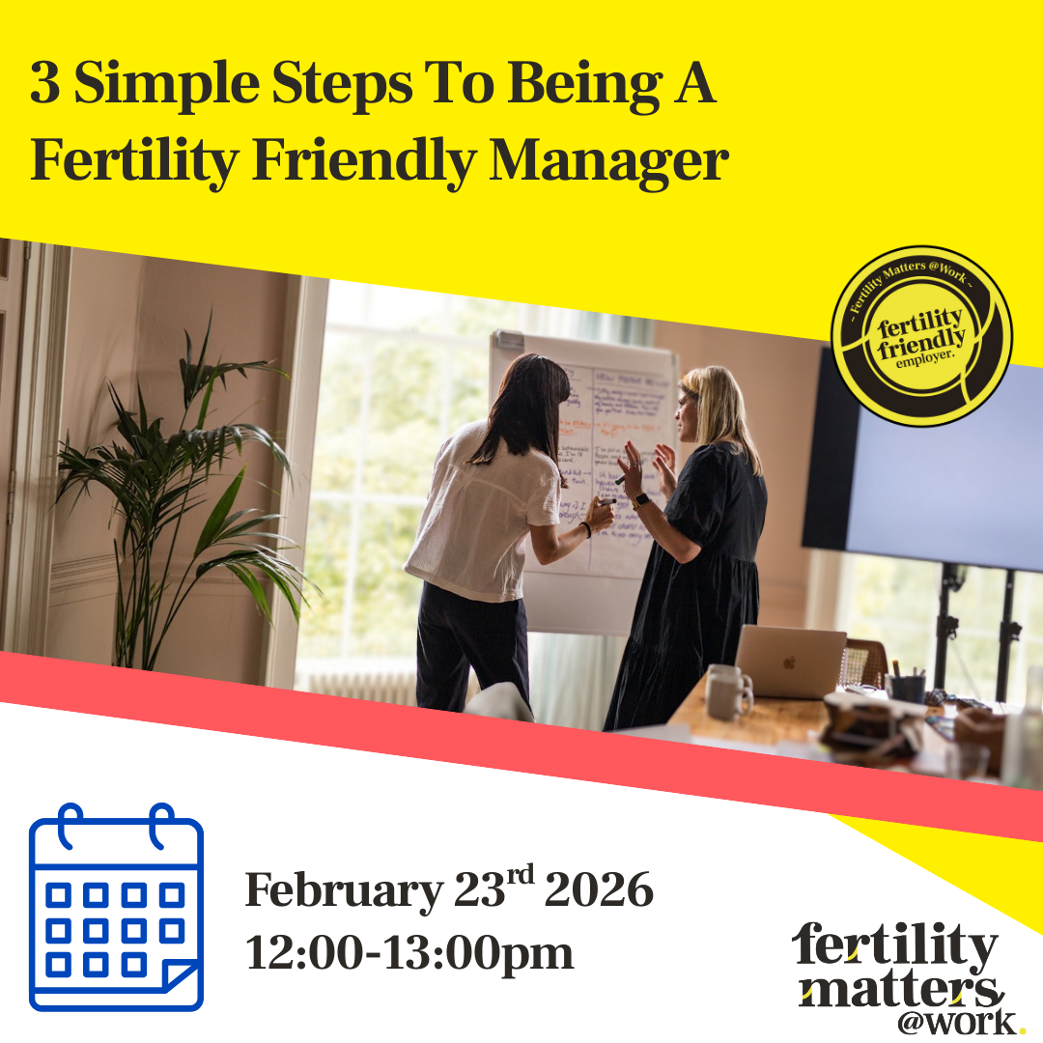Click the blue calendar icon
(x=116, y=908)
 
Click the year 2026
(x=599, y=890)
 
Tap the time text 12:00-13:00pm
(x=409, y=953)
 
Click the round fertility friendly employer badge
(x=921, y=335)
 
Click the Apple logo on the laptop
(x=791, y=663)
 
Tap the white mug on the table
(x=726, y=693)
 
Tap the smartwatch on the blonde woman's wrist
(x=640, y=501)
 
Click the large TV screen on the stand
(x=927, y=464)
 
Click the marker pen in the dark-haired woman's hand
(x=607, y=501)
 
